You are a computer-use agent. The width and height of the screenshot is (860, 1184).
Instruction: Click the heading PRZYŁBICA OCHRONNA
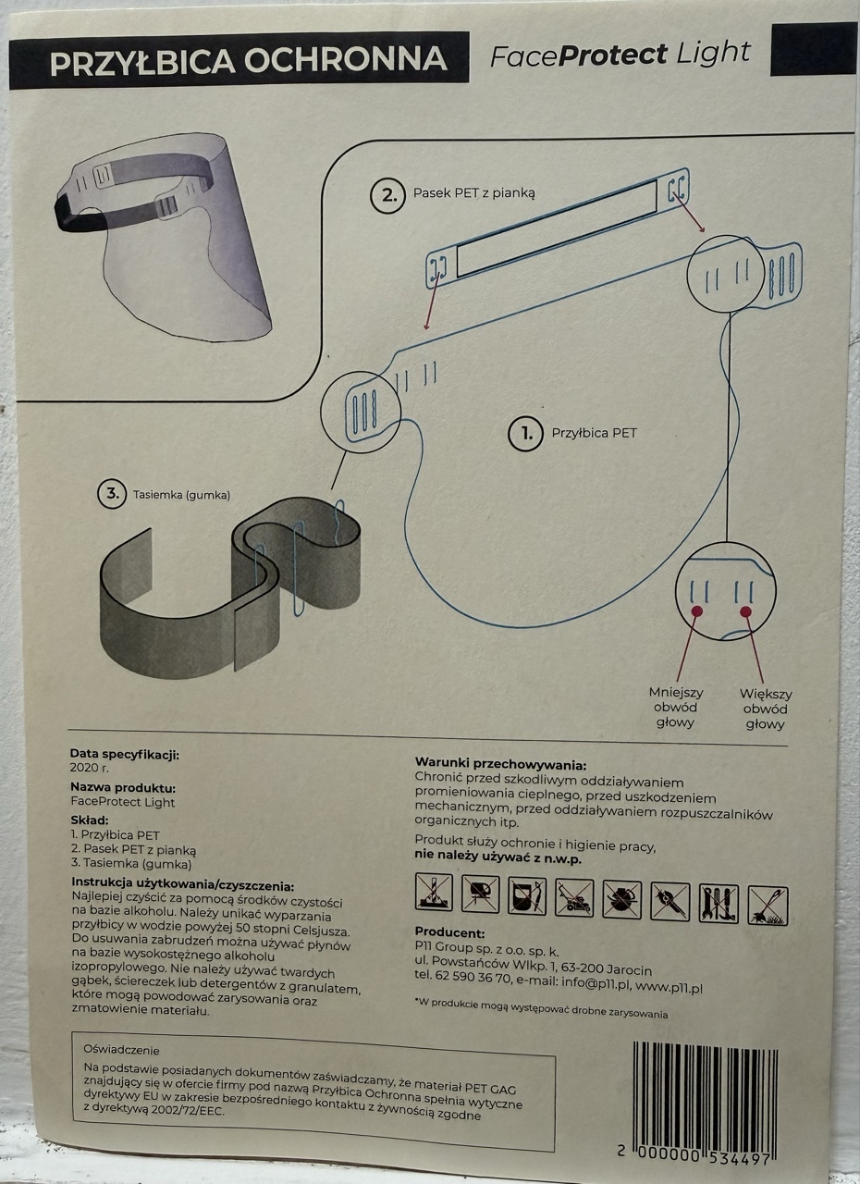(248, 61)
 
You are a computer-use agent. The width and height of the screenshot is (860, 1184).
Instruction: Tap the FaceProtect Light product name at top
(620, 55)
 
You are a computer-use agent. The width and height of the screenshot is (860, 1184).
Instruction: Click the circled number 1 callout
(526, 433)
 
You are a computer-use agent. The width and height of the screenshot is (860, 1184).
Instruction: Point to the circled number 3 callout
(113, 494)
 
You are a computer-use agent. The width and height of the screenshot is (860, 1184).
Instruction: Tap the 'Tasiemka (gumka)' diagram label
(181, 495)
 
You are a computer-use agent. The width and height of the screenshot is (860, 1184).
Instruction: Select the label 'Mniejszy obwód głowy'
(676, 708)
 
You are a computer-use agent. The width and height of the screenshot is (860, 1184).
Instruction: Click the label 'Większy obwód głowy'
(765, 708)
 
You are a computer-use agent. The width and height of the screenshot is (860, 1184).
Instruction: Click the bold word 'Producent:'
(449, 932)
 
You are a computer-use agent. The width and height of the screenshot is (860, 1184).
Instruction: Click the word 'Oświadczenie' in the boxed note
(121, 1050)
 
